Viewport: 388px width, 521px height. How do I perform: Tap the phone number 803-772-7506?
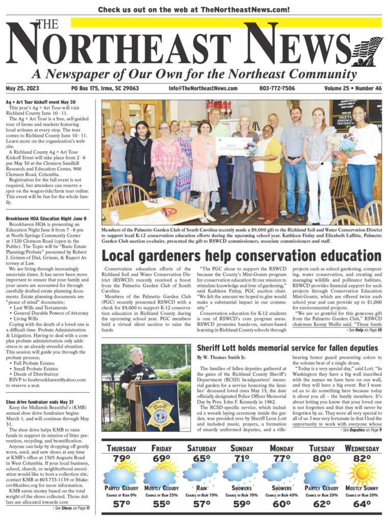coord(277,88)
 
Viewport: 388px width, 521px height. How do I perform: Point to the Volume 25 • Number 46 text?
coord(352,88)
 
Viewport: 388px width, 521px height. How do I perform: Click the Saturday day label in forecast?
coord(202,448)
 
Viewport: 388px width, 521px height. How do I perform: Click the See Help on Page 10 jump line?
coord(362,330)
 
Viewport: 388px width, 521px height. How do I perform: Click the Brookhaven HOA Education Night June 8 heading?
coord(46,218)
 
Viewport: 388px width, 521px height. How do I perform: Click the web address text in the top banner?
coord(194,9)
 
